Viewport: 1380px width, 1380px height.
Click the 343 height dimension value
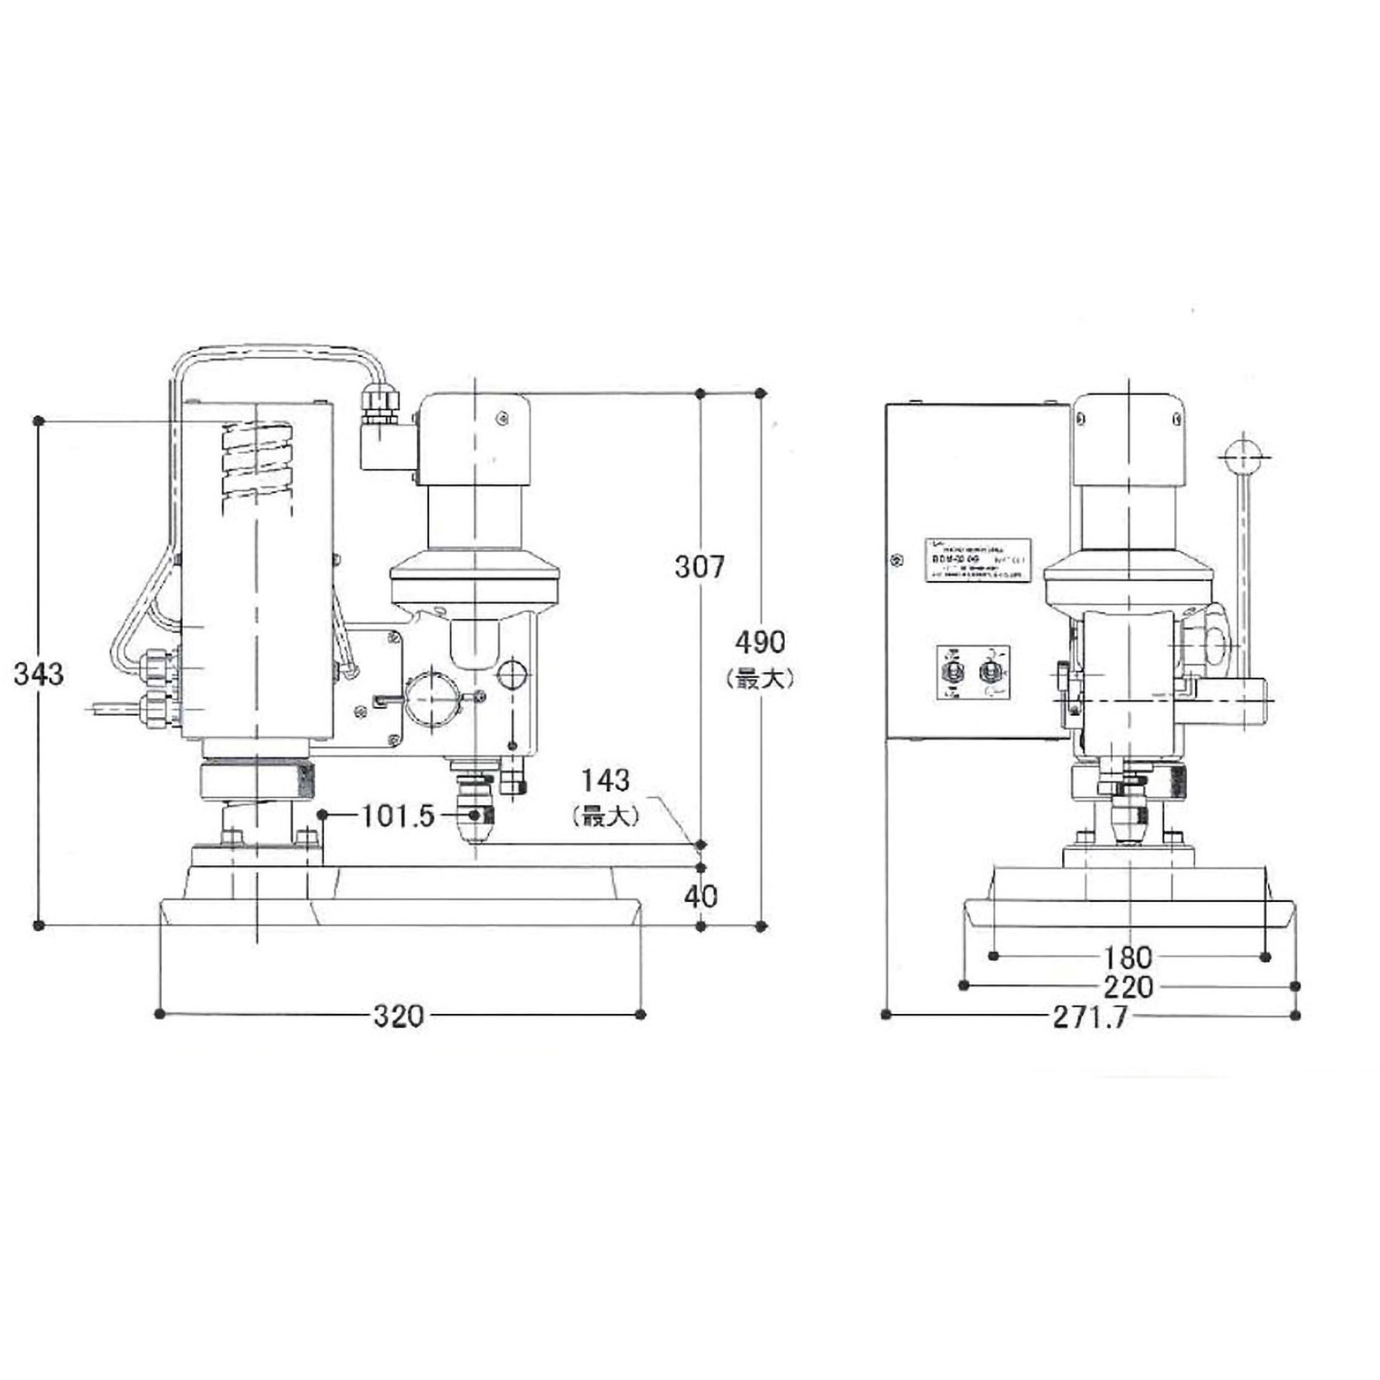(x=39, y=674)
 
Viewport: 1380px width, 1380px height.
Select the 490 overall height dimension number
(x=760, y=642)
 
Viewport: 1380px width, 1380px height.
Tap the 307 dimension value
(x=699, y=567)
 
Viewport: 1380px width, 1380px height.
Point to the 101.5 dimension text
(x=398, y=816)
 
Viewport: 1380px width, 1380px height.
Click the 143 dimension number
(x=606, y=781)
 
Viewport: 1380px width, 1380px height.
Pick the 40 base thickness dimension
(x=701, y=896)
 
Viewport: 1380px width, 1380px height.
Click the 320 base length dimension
(x=398, y=1016)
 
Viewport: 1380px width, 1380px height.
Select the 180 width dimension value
(x=1127, y=958)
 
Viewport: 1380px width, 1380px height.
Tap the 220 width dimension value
(x=1127, y=987)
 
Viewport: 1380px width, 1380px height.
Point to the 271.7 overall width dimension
(x=1090, y=1017)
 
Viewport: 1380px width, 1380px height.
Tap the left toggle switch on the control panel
(x=953, y=671)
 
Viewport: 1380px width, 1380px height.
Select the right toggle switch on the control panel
(x=991, y=671)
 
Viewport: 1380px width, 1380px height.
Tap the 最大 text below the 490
(x=760, y=679)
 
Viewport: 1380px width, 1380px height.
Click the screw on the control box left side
(x=894, y=559)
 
